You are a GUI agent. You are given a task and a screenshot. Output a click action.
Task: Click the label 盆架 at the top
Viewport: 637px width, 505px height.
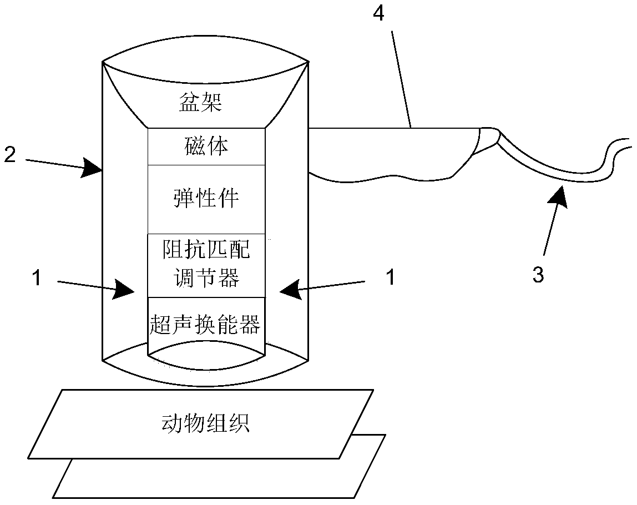[201, 102]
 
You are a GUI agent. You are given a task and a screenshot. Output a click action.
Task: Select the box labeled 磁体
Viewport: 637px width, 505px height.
[206, 147]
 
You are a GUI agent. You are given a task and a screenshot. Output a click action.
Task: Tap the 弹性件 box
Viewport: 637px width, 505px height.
[206, 199]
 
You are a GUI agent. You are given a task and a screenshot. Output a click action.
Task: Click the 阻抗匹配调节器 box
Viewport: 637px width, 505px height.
[206, 266]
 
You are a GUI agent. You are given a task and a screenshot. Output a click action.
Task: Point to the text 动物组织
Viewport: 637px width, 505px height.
[205, 423]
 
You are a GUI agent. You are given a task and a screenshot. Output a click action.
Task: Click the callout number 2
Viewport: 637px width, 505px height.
[10, 155]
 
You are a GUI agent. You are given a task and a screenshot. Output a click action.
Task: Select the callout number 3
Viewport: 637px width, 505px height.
[538, 275]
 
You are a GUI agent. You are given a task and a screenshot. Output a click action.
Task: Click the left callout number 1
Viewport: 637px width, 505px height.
[37, 278]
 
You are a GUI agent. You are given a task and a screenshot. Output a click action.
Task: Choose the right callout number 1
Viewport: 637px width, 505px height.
[391, 278]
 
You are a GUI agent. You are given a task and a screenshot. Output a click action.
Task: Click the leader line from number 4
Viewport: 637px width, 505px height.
[401, 79]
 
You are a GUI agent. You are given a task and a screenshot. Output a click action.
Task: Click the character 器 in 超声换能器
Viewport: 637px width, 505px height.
[249, 325]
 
